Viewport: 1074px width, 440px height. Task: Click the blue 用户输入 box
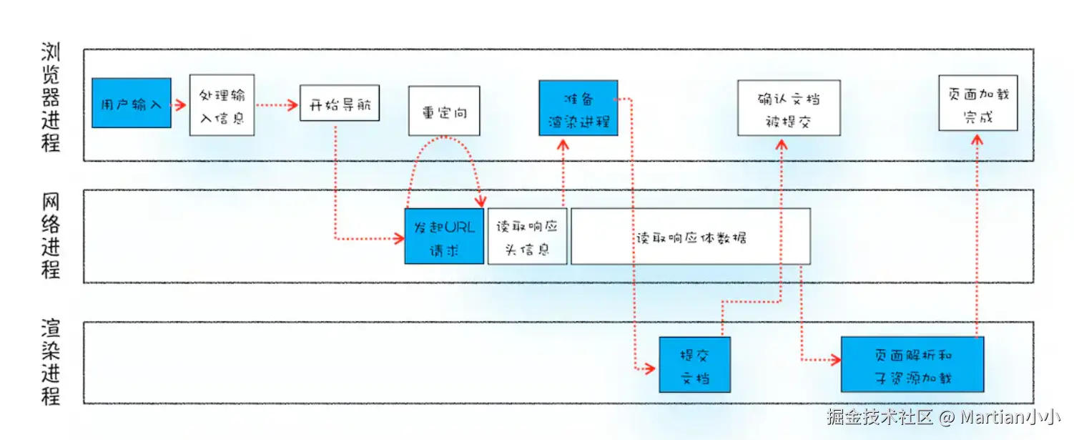[x=132, y=103]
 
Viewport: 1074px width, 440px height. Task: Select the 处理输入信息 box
[x=222, y=104]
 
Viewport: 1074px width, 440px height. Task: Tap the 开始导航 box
[x=339, y=104]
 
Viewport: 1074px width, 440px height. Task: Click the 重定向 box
[x=444, y=111]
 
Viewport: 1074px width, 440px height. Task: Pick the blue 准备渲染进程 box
[x=578, y=108]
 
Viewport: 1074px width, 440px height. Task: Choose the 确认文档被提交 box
[x=789, y=108]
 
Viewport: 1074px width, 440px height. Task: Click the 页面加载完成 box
[x=977, y=104]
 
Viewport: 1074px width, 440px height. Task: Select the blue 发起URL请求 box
[x=444, y=237]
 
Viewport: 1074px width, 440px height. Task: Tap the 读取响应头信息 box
[x=527, y=237]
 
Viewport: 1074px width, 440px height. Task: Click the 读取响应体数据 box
[x=691, y=237]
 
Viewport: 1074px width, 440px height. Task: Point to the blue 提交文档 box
[x=694, y=365]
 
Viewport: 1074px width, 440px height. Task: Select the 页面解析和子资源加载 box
[x=912, y=364]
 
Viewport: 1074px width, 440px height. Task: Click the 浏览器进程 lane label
[x=51, y=98]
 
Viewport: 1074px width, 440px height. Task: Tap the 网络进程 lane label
[x=51, y=235]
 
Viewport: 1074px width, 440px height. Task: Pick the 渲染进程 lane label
[x=51, y=363]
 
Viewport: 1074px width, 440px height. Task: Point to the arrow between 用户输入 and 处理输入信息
[x=180, y=104]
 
